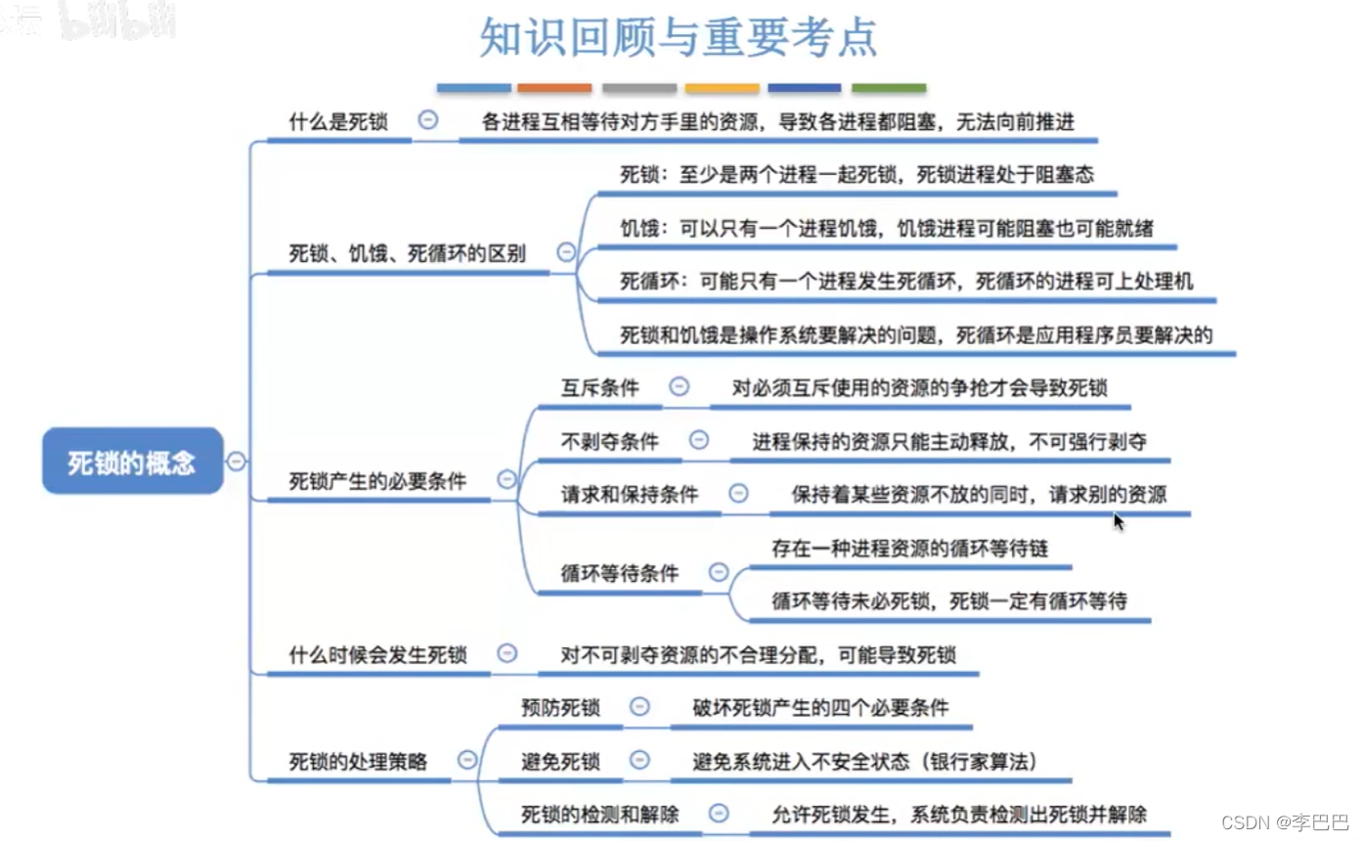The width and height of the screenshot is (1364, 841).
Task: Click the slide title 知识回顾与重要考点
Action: click(x=678, y=37)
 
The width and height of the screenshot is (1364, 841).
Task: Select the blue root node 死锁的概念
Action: click(x=132, y=462)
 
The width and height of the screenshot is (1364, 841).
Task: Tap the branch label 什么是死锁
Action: click(x=337, y=121)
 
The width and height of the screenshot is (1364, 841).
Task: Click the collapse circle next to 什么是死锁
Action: click(x=427, y=120)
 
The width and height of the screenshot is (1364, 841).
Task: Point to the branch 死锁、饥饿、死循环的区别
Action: click(x=407, y=254)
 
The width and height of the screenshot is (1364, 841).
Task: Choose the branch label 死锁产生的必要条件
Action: click(x=377, y=481)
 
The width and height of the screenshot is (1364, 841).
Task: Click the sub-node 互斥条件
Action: click(x=599, y=387)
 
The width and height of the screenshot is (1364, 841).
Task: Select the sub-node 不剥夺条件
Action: click(x=609, y=442)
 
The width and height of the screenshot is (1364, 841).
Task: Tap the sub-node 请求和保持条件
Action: click(x=630, y=495)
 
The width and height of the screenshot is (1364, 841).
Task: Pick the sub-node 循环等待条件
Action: click(x=619, y=574)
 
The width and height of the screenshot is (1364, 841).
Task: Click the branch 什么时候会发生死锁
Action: click(x=377, y=654)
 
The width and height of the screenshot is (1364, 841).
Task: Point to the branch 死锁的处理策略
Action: click(x=358, y=762)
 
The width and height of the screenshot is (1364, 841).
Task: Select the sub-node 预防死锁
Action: click(x=560, y=707)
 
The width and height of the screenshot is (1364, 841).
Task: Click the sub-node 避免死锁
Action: click(x=560, y=761)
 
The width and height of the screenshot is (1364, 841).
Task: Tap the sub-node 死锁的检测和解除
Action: click(x=599, y=814)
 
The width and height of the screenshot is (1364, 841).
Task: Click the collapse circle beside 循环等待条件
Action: click(x=719, y=573)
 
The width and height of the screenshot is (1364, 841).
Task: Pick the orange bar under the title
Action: click(x=554, y=88)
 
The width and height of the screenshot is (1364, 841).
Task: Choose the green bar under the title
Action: click(x=888, y=88)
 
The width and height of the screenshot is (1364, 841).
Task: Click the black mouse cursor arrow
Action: click(x=1118, y=521)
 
